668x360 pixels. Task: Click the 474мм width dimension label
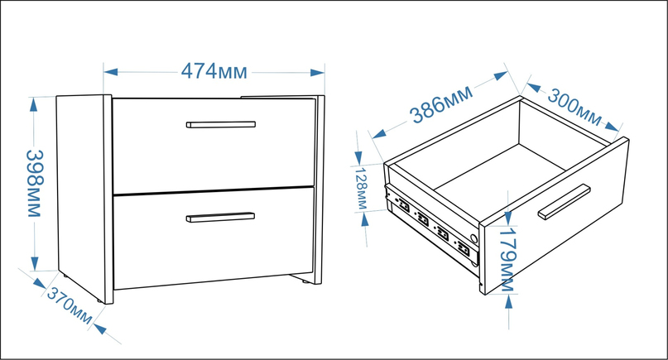[214, 71]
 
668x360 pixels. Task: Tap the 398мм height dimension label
[35, 183]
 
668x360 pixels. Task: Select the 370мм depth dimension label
[70, 305]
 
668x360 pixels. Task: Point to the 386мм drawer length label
[441, 103]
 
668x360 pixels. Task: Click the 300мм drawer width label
[574, 107]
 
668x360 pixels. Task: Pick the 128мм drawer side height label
[361, 189]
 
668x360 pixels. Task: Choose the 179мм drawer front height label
[507, 260]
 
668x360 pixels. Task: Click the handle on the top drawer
[221, 124]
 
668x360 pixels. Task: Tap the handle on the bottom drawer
[220, 218]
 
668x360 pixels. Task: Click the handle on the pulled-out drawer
[564, 202]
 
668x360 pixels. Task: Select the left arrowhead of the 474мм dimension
[110, 71]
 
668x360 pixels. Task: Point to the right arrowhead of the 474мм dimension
[317, 73]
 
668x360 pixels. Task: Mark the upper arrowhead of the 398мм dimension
[34, 105]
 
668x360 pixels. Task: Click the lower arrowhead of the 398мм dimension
[35, 263]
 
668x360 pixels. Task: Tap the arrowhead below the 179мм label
[509, 301]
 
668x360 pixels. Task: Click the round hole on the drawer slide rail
[473, 238]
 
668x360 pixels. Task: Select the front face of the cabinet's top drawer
[214, 146]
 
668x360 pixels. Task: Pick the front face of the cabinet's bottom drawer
[214, 238]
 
